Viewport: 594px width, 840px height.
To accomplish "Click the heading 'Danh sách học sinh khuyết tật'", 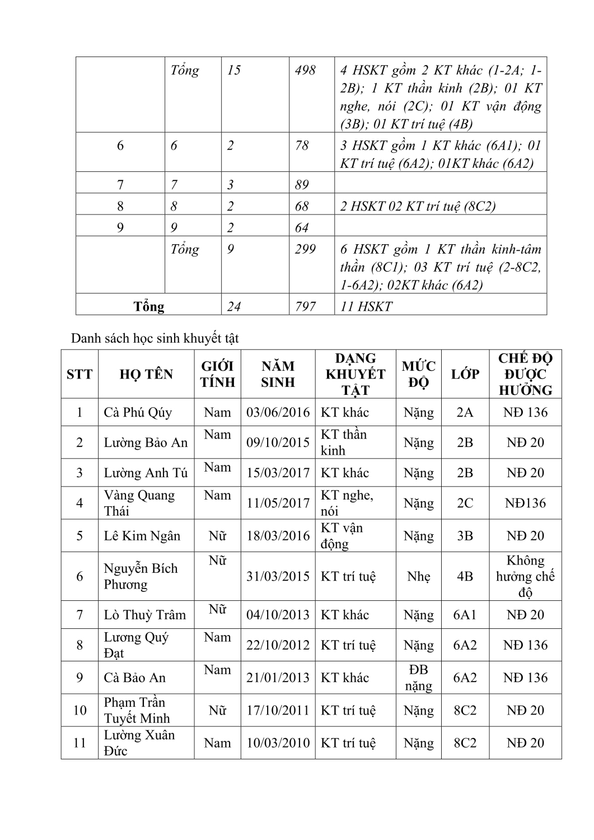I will tap(155, 338).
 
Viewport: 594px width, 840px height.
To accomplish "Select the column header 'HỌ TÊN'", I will tap(146, 374).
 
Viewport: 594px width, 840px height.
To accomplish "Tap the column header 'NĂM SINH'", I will tap(278, 374).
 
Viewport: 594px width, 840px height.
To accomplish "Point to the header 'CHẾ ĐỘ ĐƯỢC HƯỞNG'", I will tap(525, 374).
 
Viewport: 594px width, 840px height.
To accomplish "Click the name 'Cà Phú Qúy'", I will tap(138, 413).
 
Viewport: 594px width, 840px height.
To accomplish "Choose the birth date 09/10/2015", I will tap(278, 442).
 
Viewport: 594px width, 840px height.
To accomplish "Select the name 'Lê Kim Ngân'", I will tap(142, 536).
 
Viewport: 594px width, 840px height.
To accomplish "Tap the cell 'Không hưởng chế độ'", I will tap(525, 576).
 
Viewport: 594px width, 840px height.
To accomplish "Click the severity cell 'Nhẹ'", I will tap(419, 576).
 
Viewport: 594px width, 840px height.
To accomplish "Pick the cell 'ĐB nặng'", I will tap(419, 678).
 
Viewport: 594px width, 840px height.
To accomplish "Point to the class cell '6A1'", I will tap(465, 615).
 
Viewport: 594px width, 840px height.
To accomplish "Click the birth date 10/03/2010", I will tap(278, 743).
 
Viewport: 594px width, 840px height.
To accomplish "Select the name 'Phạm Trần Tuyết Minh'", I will tap(136, 710).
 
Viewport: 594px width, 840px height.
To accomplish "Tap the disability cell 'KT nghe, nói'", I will tap(347, 503).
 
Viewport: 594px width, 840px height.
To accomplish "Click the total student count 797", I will tap(305, 306).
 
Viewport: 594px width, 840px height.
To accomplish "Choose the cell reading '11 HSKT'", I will tap(367, 306).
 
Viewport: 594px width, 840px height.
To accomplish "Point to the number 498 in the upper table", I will tap(305, 70).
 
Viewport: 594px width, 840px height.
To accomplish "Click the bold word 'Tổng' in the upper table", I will tap(149, 306).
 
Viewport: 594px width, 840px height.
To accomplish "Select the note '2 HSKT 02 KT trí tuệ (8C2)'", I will tap(418, 206).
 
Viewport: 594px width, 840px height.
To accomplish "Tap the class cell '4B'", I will tap(465, 576).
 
